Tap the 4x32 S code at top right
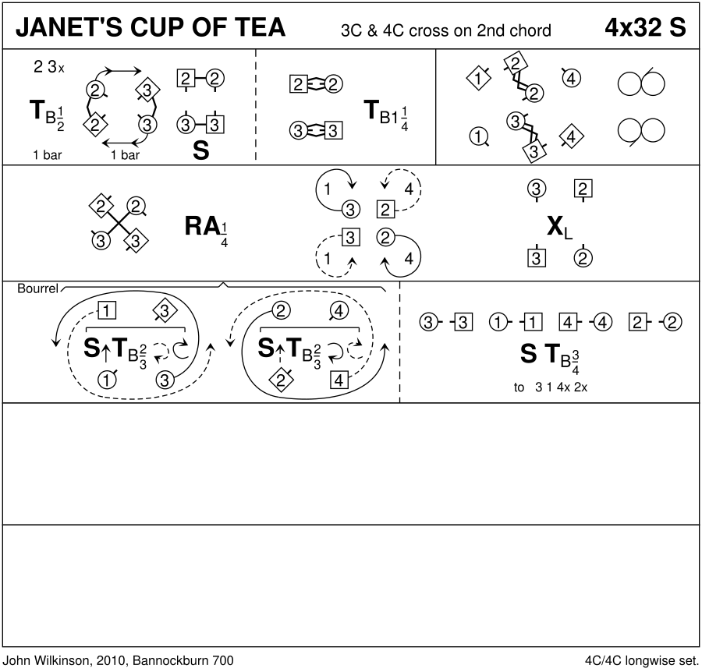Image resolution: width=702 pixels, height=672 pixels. [x=645, y=28]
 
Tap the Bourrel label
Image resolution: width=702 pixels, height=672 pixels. [x=37, y=288]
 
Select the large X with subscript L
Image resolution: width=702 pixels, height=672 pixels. [x=557, y=226]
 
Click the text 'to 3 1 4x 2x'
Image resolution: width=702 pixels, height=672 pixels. [x=550, y=387]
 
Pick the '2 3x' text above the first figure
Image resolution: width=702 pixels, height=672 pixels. [x=49, y=67]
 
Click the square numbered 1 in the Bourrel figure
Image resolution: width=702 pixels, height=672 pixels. [x=108, y=311]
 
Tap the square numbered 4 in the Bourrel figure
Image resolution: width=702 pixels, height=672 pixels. [x=339, y=380]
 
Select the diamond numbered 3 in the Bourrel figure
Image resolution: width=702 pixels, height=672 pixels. [x=164, y=312]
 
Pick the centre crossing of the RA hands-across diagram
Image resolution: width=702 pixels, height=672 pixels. [x=118, y=224]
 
